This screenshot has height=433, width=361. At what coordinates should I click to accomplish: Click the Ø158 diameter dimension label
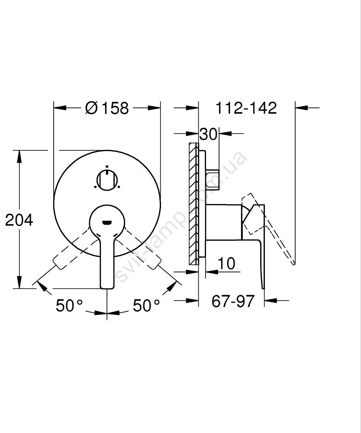point(107,108)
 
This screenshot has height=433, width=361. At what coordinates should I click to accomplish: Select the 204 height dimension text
point(19,220)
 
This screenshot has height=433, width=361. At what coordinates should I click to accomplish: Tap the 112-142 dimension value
point(246,108)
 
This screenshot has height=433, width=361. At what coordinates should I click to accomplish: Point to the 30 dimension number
point(208,134)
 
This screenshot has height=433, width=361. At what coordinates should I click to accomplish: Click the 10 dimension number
point(226,263)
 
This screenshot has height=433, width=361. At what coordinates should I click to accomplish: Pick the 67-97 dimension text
point(233,301)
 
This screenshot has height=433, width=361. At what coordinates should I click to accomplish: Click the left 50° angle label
point(69,305)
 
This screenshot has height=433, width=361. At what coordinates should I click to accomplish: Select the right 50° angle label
point(146,305)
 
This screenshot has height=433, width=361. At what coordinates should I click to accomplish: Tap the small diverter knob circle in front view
point(107,180)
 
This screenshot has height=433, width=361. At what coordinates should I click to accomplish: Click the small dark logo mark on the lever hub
point(107,222)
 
